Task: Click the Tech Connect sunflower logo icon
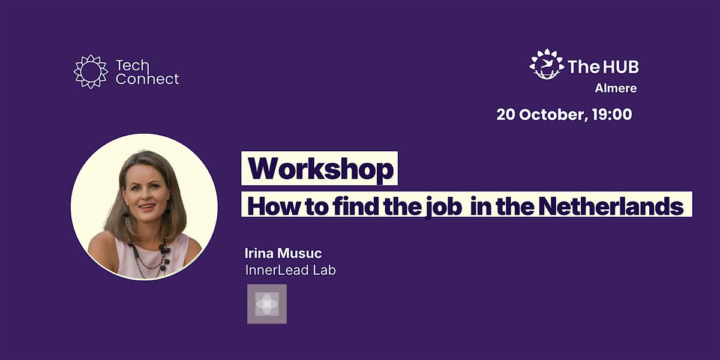coord(91,71)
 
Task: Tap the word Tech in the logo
coord(132,65)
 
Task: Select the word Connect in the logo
coord(147,79)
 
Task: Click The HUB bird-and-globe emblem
coord(547,64)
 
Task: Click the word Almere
coord(616,88)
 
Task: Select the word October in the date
coord(554,115)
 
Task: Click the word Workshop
coord(321,169)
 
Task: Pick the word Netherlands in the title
coord(611,206)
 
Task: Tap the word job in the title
coord(444,206)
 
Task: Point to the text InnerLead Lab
coord(290,270)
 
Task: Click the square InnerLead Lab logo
coord(267,304)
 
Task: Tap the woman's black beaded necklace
coord(151,259)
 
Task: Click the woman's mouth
coord(147,206)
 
